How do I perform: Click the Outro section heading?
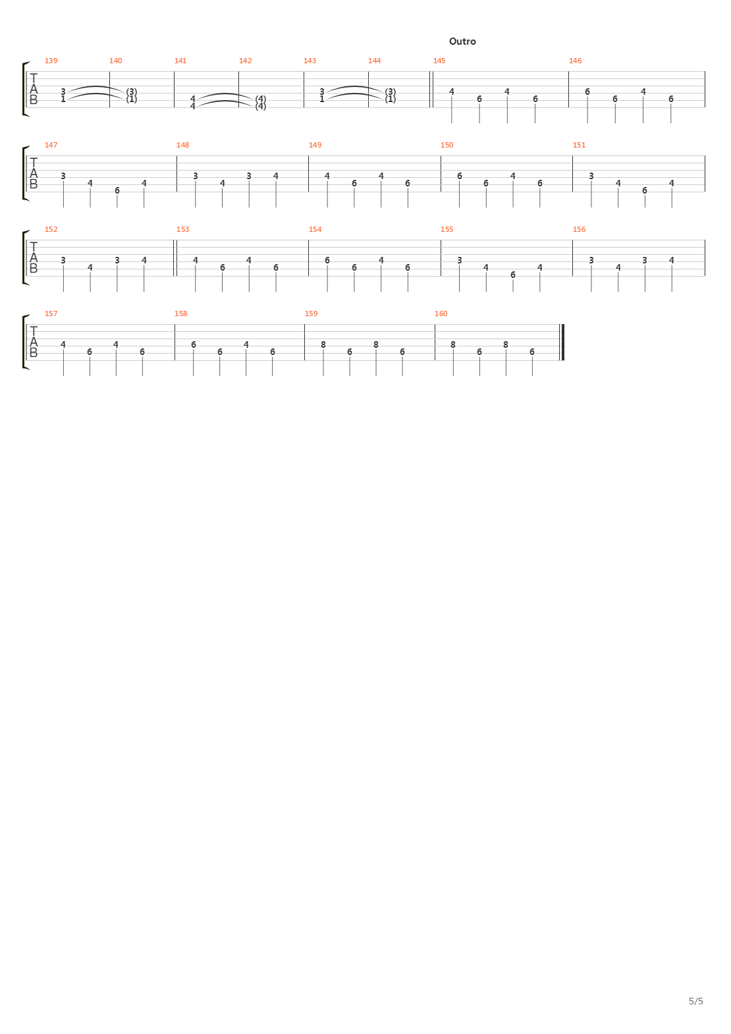click(462, 41)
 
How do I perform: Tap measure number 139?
click(51, 61)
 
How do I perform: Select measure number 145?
click(439, 61)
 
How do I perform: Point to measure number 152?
click(51, 229)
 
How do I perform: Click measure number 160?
click(441, 314)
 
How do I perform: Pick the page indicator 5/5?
click(696, 1001)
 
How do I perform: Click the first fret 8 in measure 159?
click(323, 345)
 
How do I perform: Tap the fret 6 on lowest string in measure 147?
click(117, 190)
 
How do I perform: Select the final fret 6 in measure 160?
click(532, 352)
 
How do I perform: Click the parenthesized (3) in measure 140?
click(132, 92)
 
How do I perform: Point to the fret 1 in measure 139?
click(63, 99)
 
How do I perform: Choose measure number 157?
click(51, 314)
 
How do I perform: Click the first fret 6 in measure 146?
click(587, 92)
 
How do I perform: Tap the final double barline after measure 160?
click(562, 342)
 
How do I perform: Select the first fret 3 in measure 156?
click(591, 261)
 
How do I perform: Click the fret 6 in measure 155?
click(513, 275)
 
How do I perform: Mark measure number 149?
click(315, 146)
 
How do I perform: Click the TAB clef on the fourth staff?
click(34, 342)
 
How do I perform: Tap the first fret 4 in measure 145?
click(452, 92)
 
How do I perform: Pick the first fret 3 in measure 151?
click(591, 177)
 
